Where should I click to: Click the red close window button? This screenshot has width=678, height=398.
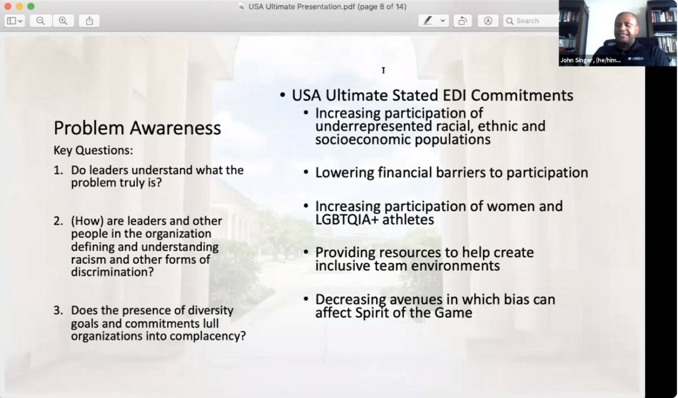8,6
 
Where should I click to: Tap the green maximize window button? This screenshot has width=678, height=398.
31,6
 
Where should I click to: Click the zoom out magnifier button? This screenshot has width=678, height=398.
41,21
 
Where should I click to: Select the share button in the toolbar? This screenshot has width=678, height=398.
89,21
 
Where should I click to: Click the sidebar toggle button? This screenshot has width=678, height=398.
15,21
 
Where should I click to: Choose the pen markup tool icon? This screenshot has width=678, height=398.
428,20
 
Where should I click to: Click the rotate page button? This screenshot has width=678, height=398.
463,21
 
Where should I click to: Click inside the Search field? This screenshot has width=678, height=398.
531,21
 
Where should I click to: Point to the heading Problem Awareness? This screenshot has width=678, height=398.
137,128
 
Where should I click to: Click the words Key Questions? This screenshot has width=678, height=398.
93,150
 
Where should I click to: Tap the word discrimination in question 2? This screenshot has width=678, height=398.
112,272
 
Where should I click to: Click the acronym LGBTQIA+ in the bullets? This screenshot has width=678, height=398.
347,220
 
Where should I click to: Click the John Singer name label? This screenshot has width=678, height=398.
590,60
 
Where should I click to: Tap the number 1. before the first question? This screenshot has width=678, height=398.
58,170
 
